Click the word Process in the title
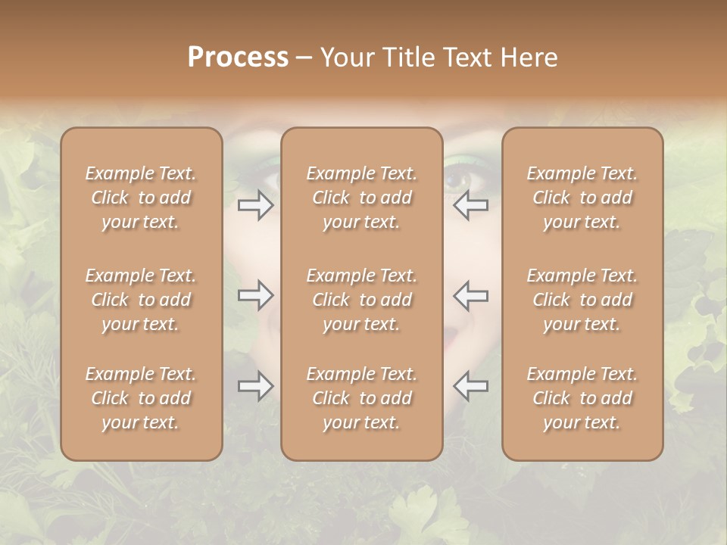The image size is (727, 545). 238,58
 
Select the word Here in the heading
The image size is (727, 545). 528,58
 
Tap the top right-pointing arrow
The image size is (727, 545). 256,205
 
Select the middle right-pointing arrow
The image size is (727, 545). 256,295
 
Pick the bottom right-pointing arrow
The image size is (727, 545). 256,386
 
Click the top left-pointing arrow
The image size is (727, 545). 470,205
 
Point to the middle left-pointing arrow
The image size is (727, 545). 470,295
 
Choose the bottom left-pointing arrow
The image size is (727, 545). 470,386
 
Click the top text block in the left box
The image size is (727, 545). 141,198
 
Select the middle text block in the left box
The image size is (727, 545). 141,300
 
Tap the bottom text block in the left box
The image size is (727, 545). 141,398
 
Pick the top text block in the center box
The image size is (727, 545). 361,198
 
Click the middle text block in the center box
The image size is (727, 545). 361,300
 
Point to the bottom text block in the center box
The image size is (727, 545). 361,398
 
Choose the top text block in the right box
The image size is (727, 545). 582,198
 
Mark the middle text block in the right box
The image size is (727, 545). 582,300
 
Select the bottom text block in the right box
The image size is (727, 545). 582,398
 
